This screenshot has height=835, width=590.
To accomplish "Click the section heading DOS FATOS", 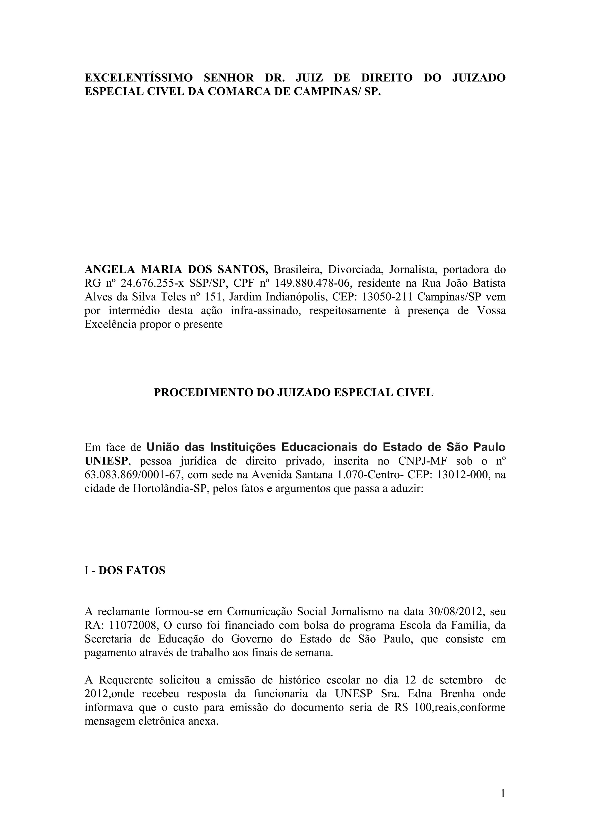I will click(x=132, y=570).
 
